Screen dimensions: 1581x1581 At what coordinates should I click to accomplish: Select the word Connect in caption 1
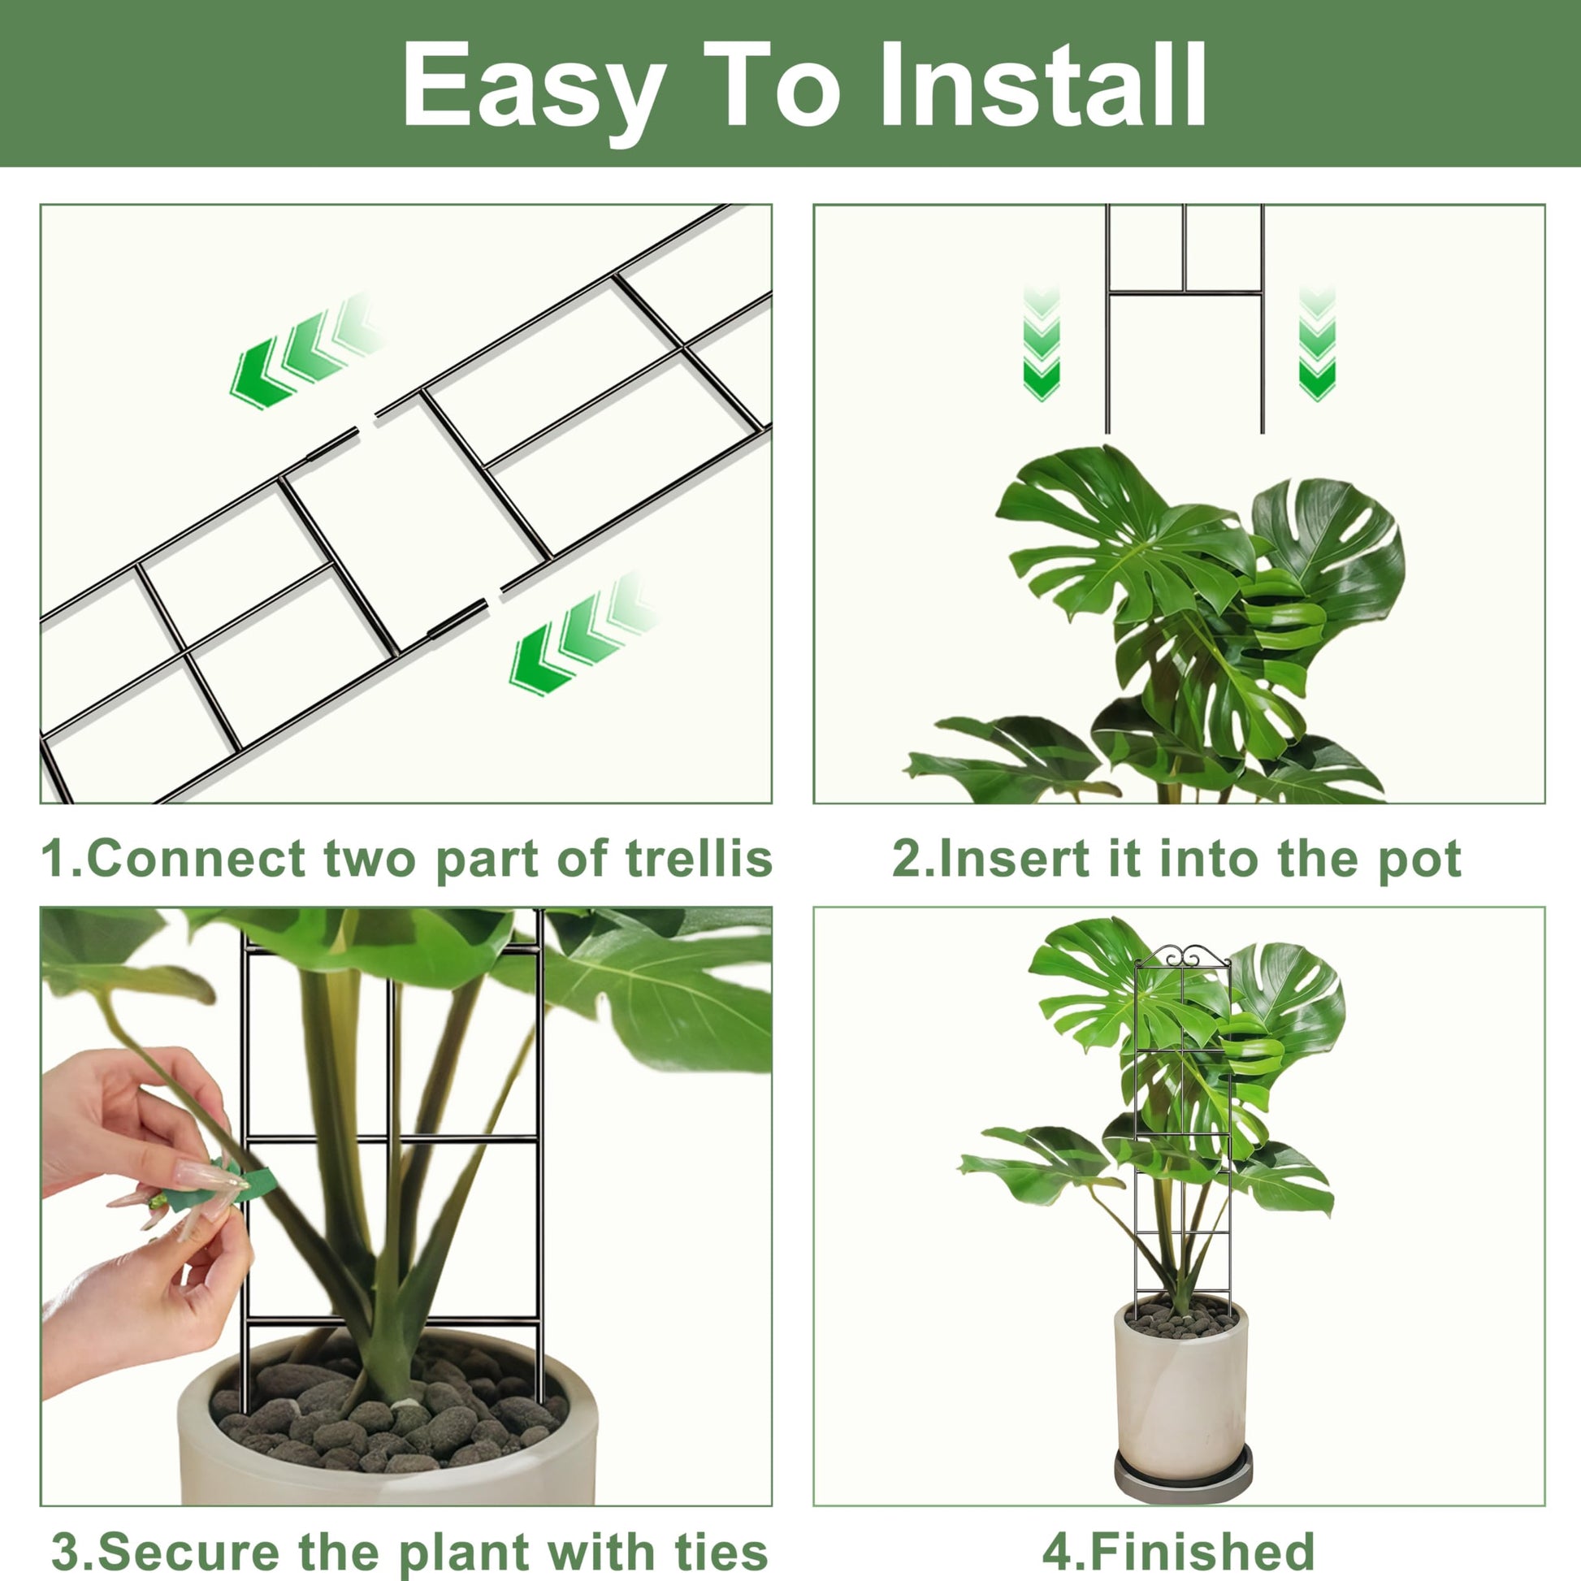(196, 860)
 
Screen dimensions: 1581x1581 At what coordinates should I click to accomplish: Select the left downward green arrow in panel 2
(1041, 344)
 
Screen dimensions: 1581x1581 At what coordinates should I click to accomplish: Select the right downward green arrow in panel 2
(1318, 344)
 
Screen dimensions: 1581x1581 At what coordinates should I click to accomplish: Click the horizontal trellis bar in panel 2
(1183, 292)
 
